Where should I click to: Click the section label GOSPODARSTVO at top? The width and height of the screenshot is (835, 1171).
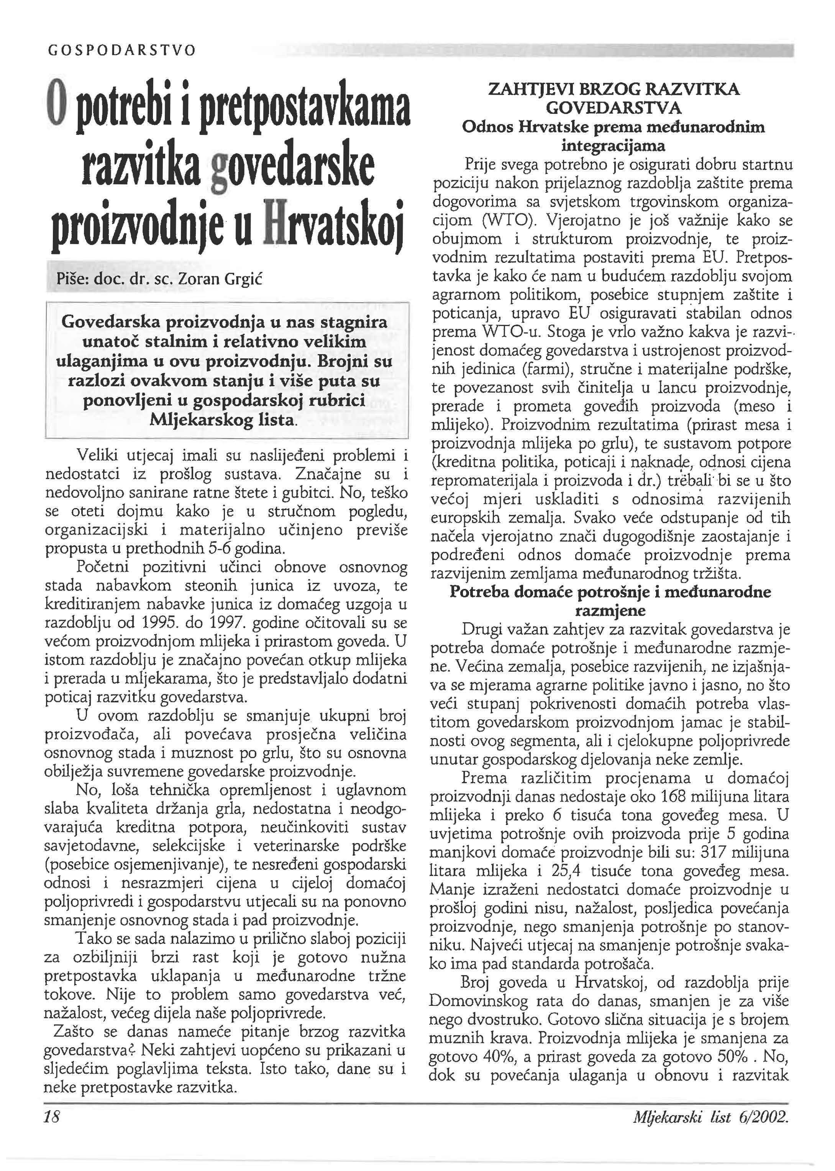coord(121,50)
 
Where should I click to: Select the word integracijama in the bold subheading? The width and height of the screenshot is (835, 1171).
coord(612,146)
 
